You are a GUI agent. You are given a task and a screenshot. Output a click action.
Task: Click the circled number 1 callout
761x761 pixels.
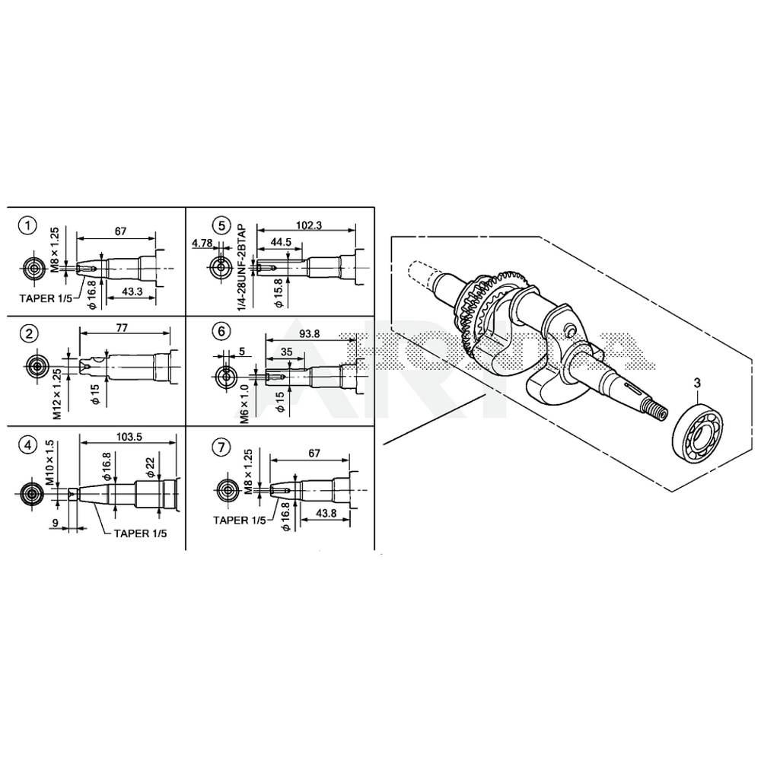click(27, 225)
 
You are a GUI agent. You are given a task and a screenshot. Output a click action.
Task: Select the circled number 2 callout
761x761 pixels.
click(29, 333)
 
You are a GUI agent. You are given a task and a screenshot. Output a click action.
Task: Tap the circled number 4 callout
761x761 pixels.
click(27, 444)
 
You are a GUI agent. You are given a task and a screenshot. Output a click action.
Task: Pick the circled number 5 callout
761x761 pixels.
click(221, 225)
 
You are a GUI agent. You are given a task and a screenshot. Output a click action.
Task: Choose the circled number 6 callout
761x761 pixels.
click(221, 331)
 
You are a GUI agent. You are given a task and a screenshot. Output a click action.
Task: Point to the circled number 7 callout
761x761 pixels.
click(221, 447)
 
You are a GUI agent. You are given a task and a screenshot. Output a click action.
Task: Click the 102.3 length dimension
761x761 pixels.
click(309, 226)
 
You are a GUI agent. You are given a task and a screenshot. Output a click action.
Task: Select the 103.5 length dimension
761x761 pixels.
click(129, 437)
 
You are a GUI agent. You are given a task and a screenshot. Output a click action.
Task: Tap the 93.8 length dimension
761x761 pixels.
click(310, 334)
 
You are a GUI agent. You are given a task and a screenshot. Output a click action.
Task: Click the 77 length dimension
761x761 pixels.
click(122, 328)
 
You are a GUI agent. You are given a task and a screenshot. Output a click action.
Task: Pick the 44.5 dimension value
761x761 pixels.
click(281, 242)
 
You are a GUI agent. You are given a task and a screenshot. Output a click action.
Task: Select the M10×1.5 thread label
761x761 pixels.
click(50, 462)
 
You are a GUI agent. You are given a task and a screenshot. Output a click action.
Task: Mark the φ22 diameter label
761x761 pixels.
click(150, 466)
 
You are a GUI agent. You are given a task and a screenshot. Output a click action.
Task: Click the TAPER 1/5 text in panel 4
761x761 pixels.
click(140, 533)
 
